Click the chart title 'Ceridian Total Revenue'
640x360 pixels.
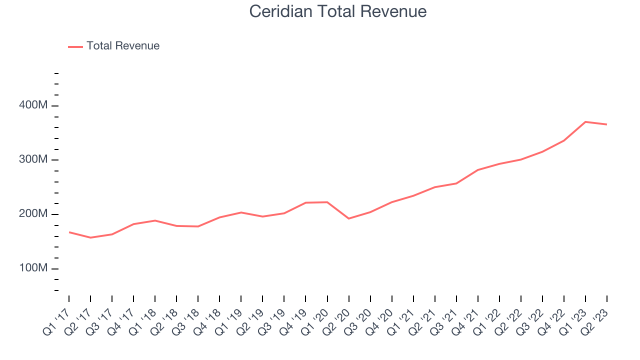tap(338, 11)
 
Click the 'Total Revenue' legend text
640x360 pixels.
tap(123, 46)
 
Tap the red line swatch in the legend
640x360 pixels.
tap(75, 46)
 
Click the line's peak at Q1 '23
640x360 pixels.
tap(585, 122)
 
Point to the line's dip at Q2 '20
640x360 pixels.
tap(348, 218)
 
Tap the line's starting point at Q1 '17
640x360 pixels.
tap(69, 232)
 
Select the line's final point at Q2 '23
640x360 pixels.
tap(607, 124)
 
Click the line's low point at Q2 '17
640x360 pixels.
tap(90, 237)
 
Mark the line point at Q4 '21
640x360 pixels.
tap(478, 170)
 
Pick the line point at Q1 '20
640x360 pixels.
tap(327, 202)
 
